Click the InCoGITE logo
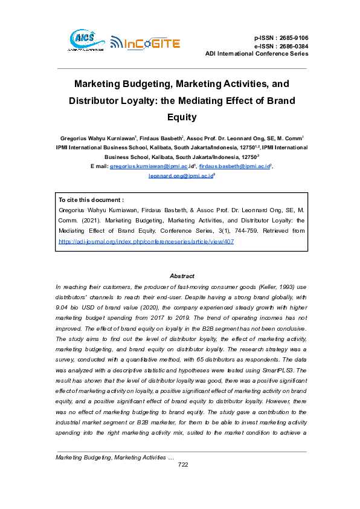(145, 42)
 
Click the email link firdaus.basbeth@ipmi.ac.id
(234, 165)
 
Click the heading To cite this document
(91, 199)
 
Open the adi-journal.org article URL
(146, 241)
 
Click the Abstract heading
(182, 275)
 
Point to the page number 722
(184, 481)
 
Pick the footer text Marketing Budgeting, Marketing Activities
(111, 474)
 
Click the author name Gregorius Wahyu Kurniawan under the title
(98, 138)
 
